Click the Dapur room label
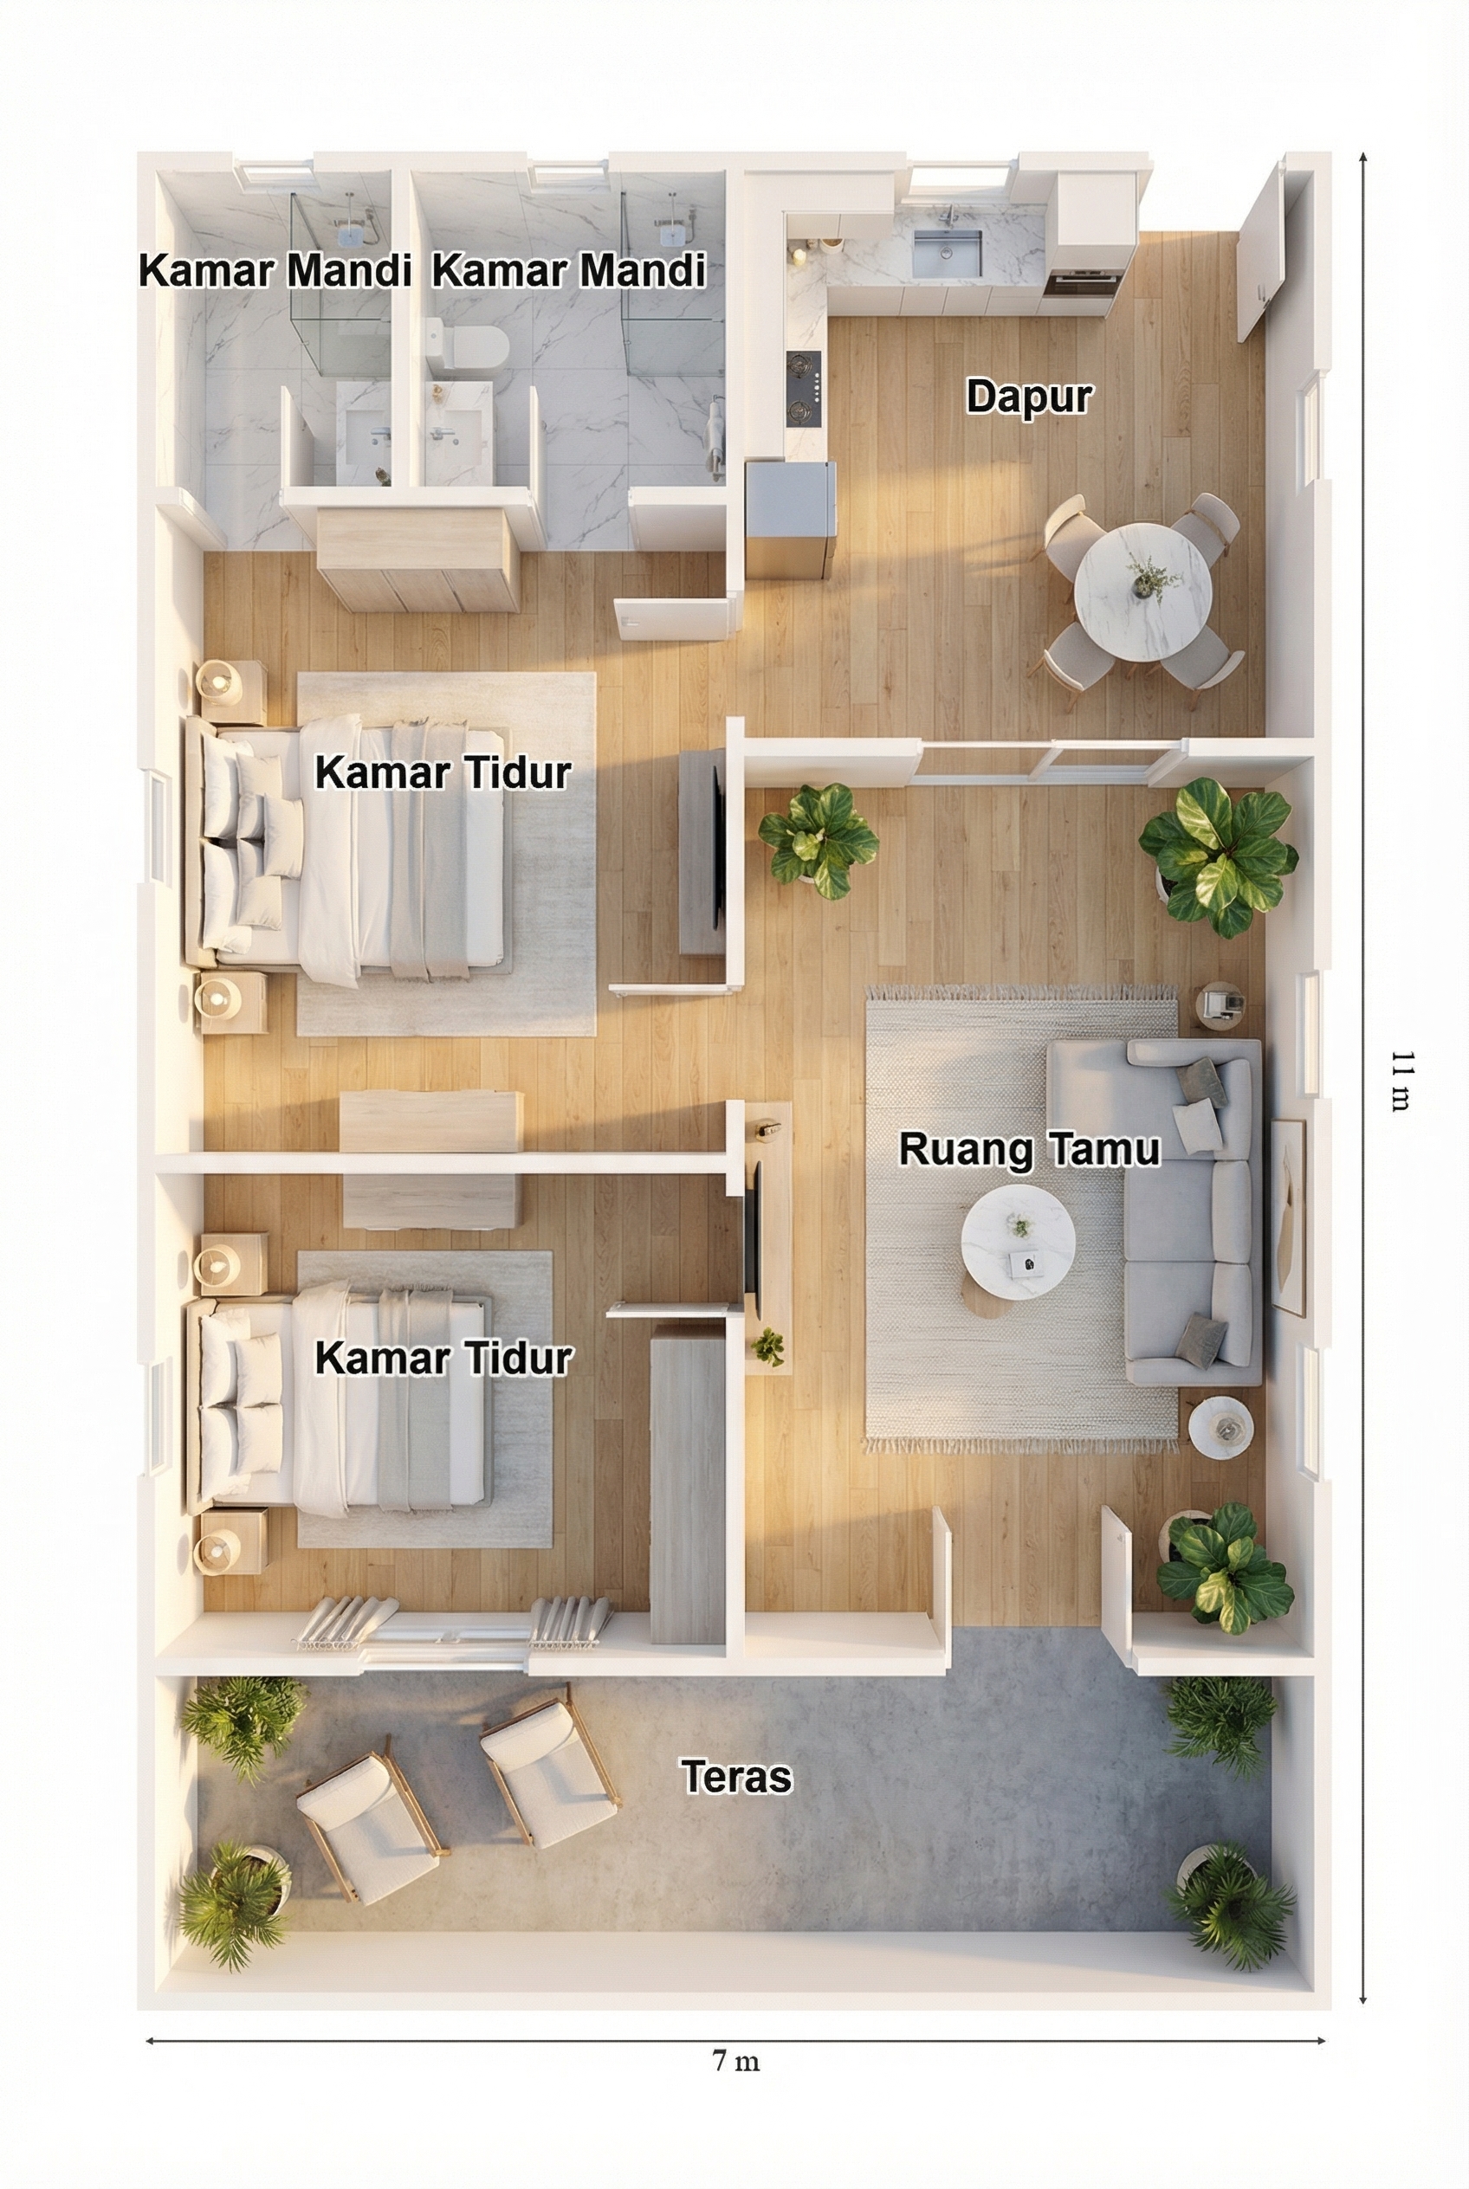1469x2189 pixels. pos(1029,397)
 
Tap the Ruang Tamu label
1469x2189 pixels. pos(1030,1149)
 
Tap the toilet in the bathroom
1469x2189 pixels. pos(466,345)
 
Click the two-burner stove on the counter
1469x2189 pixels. pos(804,388)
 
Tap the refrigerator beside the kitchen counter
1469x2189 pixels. pos(791,519)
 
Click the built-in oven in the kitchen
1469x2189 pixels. pos(1079,282)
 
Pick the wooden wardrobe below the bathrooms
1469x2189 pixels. pos(417,559)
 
